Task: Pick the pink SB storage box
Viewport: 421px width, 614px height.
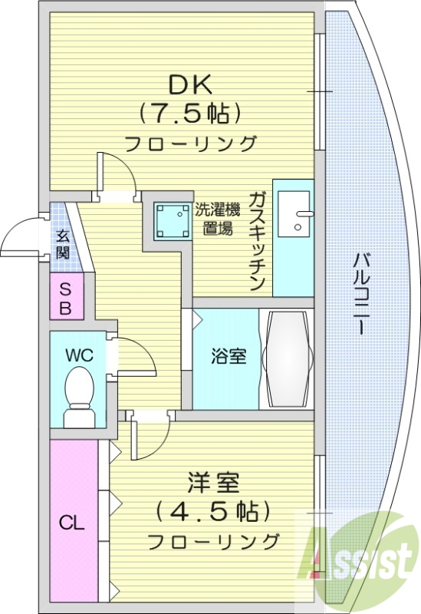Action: click(x=66, y=299)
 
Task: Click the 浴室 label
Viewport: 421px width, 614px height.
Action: click(x=229, y=357)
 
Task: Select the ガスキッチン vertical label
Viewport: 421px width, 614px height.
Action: click(x=258, y=239)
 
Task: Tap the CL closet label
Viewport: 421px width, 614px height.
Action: click(x=72, y=524)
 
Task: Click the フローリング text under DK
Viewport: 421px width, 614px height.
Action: click(x=189, y=144)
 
